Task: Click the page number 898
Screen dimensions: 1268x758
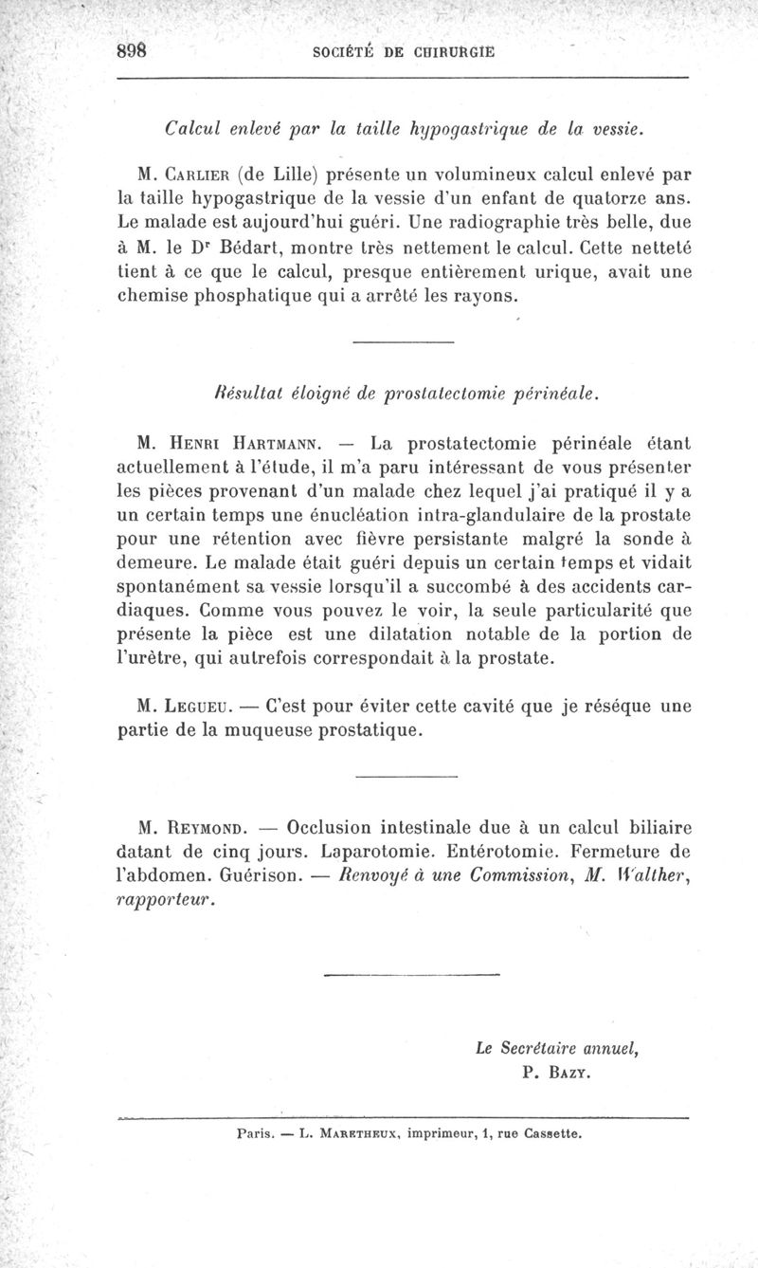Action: [132, 53]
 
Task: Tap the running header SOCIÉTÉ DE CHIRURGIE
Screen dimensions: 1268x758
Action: [404, 54]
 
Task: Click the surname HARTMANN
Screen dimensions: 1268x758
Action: [274, 442]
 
